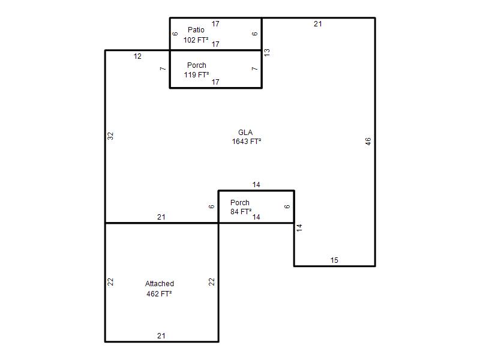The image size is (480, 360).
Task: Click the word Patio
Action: (196, 29)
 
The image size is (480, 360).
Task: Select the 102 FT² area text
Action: (196, 40)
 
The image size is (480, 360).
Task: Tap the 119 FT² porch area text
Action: (197, 74)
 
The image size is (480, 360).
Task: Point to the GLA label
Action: (245, 132)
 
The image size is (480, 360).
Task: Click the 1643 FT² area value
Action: (247, 142)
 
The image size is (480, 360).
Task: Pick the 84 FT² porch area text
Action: (241, 212)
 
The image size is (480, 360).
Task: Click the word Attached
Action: (160, 283)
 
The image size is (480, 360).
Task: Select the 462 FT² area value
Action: (159, 294)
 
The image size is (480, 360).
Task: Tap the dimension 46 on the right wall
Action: (368, 141)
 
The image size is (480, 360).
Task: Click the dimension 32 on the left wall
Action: (110, 136)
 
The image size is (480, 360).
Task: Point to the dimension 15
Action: (334, 260)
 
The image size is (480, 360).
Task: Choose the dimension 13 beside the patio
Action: (267, 52)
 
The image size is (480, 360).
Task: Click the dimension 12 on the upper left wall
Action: (137, 56)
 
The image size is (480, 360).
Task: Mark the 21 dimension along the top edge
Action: (318, 24)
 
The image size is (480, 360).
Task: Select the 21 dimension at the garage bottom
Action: (161, 336)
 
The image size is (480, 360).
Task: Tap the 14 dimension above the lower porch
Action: (256, 185)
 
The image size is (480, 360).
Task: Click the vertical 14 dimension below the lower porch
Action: (299, 227)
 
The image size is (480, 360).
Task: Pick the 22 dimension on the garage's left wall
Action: (110, 281)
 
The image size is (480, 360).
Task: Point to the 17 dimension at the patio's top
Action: (215, 24)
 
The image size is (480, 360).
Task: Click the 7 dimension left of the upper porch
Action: (163, 68)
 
